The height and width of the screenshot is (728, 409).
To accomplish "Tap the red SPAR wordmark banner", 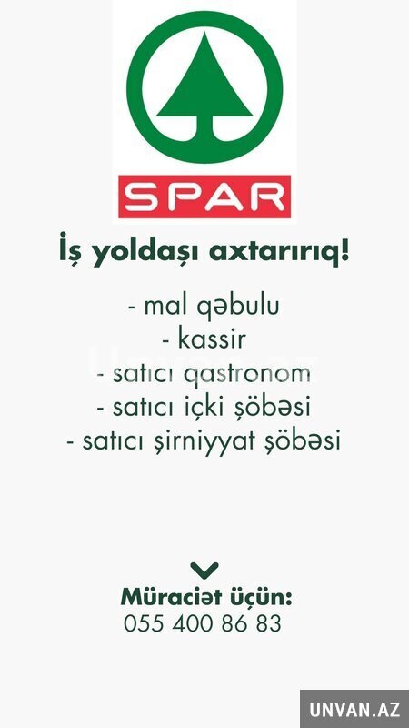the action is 204,197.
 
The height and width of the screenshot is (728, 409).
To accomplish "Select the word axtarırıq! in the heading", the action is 279,252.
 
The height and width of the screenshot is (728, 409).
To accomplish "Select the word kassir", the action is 211,339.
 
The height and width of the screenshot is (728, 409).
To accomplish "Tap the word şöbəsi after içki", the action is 275,408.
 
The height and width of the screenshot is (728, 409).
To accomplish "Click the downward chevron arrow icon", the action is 204,570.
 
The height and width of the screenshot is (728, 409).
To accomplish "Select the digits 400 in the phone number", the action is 193,623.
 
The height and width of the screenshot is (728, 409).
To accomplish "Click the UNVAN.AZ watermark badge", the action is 354,709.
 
